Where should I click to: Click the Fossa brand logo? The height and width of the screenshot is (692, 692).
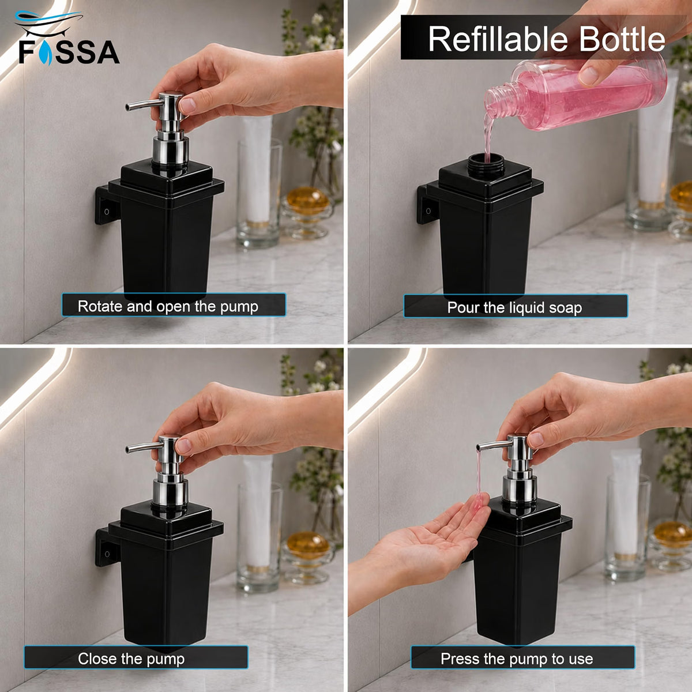pyautogui.click(x=67, y=38)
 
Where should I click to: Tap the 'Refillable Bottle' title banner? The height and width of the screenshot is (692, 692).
pyautogui.click(x=546, y=37)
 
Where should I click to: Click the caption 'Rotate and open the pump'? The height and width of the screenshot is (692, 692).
pyautogui.click(x=174, y=305)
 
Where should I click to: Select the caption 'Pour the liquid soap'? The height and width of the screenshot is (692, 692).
pyautogui.click(x=516, y=306)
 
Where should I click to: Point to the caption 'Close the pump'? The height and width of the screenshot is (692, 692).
pyautogui.click(x=136, y=657)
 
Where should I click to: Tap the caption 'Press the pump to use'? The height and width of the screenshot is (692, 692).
pyautogui.click(x=523, y=657)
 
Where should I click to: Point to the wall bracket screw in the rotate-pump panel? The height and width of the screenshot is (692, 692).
pyautogui.click(x=107, y=212)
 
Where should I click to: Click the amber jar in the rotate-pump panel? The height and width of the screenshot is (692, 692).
pyautogui.click(x=308, y=201)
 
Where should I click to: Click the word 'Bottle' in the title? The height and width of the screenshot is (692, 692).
pyautogui.click(x=622, y=39)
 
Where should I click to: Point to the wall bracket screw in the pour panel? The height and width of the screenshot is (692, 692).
pyautogui.click(x=428, y=211)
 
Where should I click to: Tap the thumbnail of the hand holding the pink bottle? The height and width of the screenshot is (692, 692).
pyautogui.click(x=588, y=76)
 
